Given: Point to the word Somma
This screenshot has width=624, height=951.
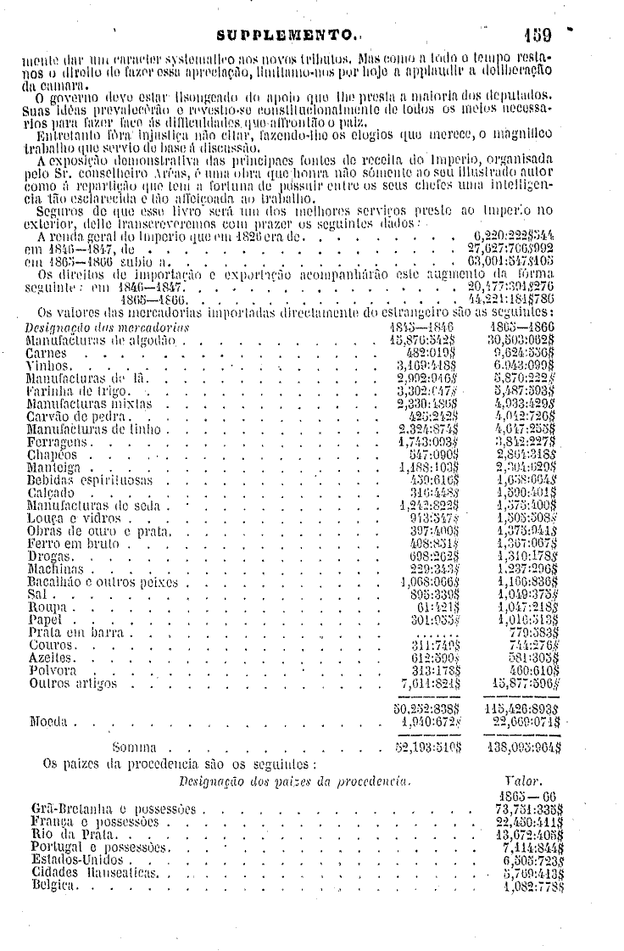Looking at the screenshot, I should (132, 749).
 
